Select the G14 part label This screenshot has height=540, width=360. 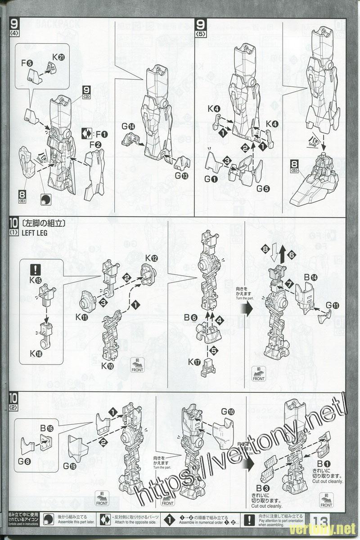pos(128,126)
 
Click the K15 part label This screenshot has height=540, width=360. pos(36,280)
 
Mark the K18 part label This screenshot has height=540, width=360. pos(36,353)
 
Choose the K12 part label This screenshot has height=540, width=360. pos(151,258)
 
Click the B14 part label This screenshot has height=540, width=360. pos(310,278)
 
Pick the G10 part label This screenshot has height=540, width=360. pos(228,412)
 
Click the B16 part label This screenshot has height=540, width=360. pos(46,428)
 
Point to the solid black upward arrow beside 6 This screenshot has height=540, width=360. pos(282,255)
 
